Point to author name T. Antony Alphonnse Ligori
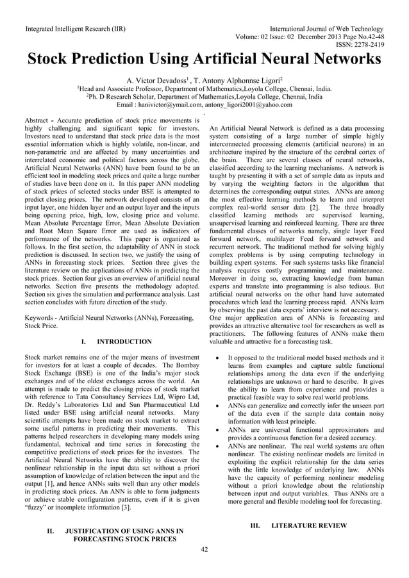point(235,79)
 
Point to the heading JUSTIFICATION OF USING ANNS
point(124,531)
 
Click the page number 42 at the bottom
point(204,549)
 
